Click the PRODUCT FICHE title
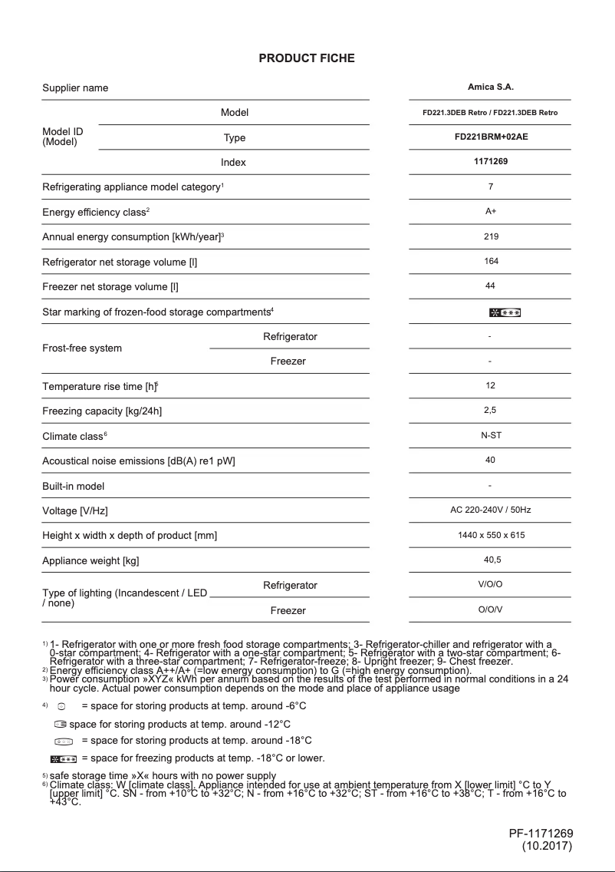[307, 58]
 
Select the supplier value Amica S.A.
[490, 88]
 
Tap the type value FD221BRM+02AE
[490, 137]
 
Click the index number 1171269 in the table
[490, 162]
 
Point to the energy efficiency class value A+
[490, 211]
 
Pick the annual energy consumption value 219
[490, 236]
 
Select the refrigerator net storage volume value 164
[490, 261]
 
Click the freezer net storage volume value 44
[490, 286]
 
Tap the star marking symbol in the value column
[505, 312]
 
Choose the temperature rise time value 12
[490, 385]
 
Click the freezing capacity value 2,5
[490, 410]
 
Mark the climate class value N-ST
[490, 435]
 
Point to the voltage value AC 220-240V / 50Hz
[490, 510]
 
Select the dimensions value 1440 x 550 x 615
[490, 535]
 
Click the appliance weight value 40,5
[490, 560]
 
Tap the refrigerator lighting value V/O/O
[490, 585]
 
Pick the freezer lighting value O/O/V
[490, 610]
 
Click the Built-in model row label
[73, 486]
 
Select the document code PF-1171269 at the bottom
[541, 834]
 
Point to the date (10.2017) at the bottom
[547, 847]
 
